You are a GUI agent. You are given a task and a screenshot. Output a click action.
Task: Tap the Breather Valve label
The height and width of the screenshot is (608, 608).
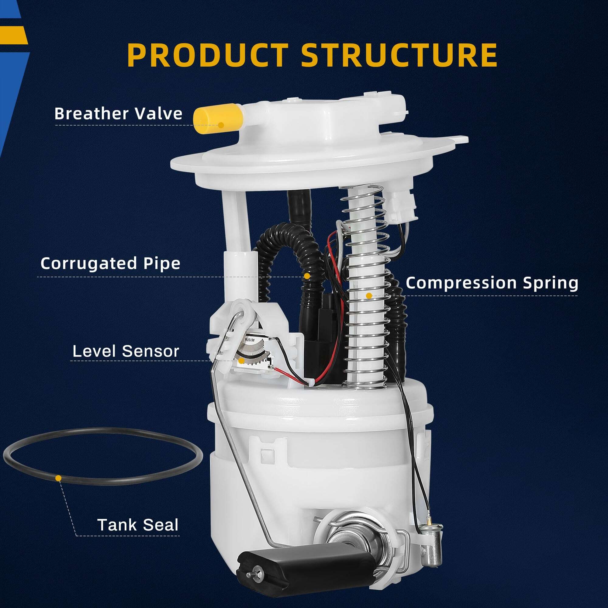tap(118, 114)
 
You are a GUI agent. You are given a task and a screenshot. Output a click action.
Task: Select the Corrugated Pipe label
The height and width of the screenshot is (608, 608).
tap(110, 263)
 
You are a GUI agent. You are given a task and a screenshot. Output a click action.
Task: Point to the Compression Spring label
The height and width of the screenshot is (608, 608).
tap(492, 283)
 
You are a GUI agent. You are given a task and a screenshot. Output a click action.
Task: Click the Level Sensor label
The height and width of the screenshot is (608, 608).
tap(126, 351)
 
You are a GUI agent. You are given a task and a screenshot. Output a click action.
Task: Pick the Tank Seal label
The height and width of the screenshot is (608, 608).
tap(138, 525)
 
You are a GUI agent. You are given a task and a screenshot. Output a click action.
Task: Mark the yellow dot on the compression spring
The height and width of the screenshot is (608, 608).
tap(369, 296)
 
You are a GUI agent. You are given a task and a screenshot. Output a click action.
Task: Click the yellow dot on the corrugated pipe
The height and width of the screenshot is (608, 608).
tap(307, 276)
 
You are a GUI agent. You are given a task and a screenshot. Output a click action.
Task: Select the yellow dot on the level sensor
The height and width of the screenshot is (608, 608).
tap(241, 361)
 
